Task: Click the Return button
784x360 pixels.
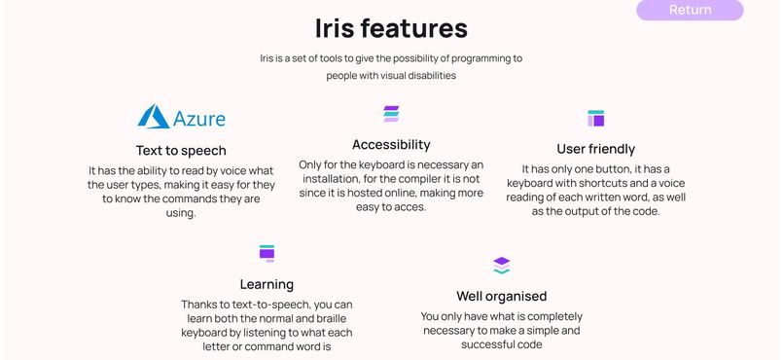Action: (x=690, y=10)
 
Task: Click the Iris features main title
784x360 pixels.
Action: (x=391, y=27)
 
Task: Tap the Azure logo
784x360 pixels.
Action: (x=181, y=118)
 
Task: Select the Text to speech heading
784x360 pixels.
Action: (x=181, y=150)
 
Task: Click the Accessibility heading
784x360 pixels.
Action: (x=391, y=145)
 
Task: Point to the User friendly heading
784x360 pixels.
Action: (x=595, y=149)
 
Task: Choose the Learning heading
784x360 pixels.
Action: (x=267, y=284)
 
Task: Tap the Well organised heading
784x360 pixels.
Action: (x=501, y=296)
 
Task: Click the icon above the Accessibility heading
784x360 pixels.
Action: (x=391, y=114)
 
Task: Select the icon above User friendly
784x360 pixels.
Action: (x=596, y=119)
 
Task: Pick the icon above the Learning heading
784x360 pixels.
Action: (x=267, y=253)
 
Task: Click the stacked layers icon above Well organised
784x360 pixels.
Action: (x=501, y=265)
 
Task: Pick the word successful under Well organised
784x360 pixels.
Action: (x=500, y=344)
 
